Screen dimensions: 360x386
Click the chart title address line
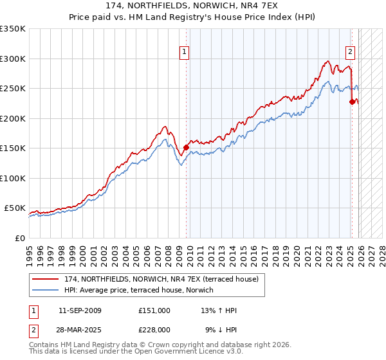coord(193,5)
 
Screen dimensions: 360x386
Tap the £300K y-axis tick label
coord(13,59)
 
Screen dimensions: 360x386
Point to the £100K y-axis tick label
coord(13,178)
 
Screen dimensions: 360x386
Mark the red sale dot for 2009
coord(186,147)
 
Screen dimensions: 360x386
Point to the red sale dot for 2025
coord(352,102)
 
